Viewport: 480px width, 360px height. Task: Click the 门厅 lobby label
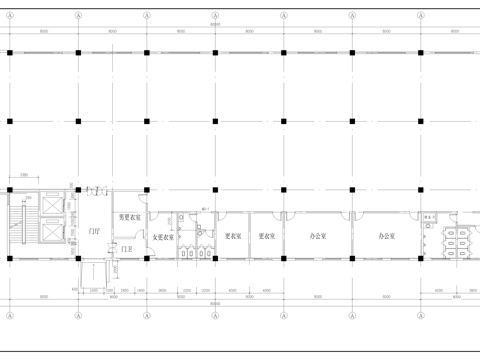tap(93, 231)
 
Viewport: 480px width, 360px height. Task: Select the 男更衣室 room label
tap(129, 217)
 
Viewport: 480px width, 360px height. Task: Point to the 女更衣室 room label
tap(163, 238)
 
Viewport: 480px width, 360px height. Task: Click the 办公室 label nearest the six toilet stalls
tap(387, 237)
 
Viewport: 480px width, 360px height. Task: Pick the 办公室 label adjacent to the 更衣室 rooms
tap(317, 237)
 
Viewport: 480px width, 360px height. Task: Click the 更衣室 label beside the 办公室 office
tap(266, 237)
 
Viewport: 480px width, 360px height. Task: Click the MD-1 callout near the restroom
tap(204, 209)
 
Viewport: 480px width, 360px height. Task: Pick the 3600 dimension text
tap(162, 291)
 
